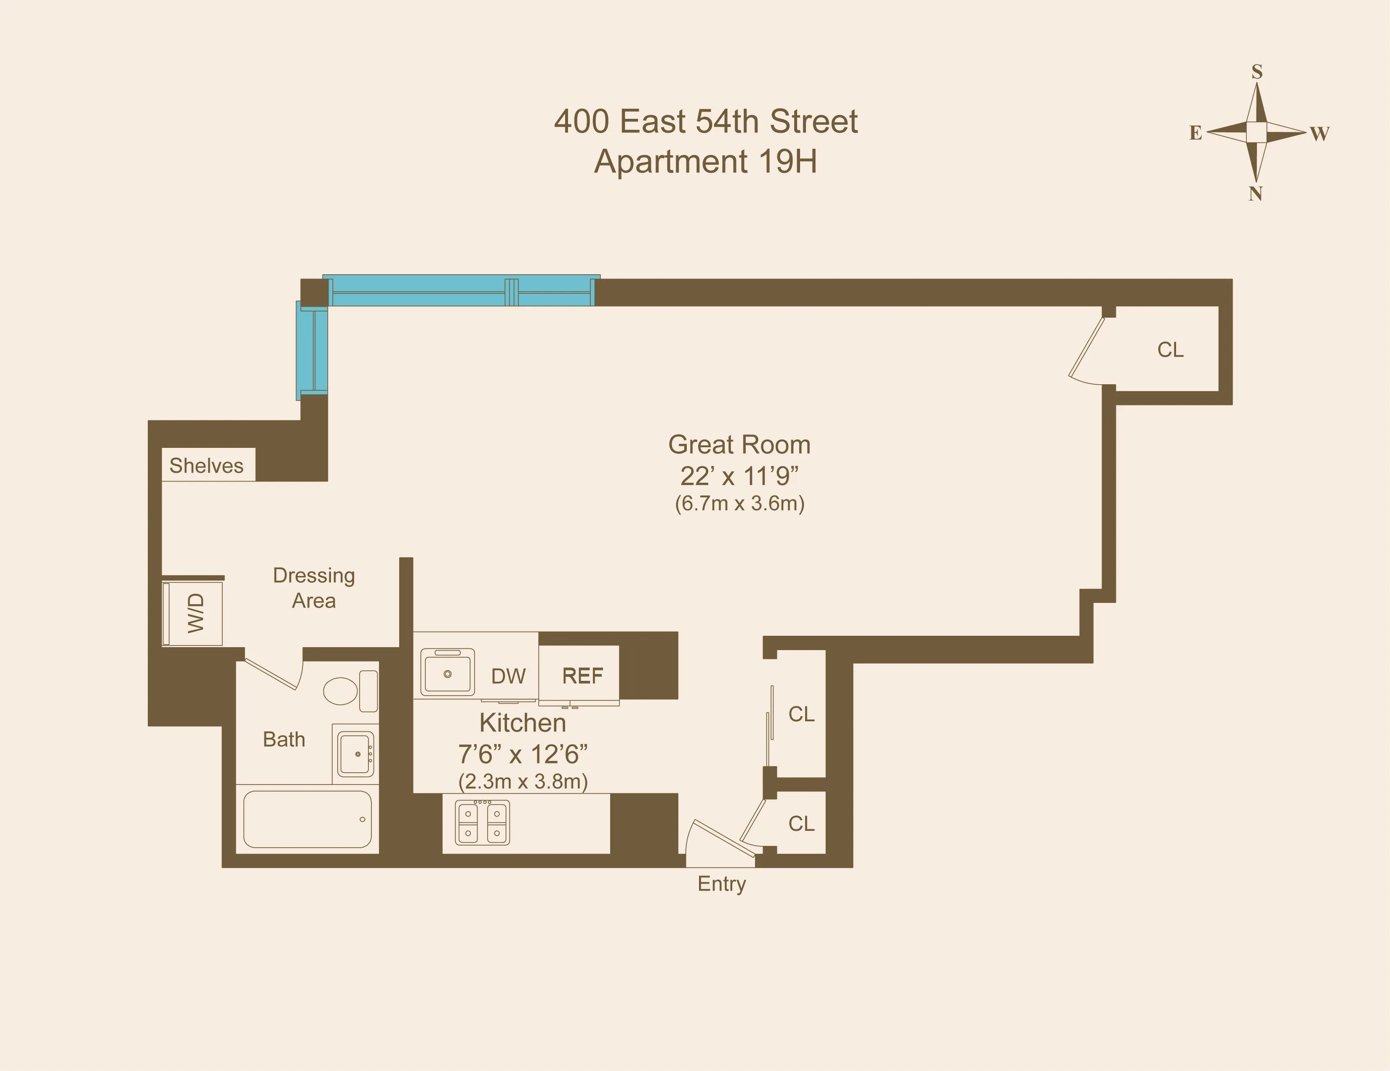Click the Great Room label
click(739, 445)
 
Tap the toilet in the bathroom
click(349, 691)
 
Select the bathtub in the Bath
click(307, 819)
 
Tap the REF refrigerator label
click(582, 675)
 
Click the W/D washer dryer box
click(193, 613)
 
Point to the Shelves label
click(206, 466)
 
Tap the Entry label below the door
click(721, 884)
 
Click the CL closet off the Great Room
click(1170, 350)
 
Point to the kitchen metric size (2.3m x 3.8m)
click(523, 781)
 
